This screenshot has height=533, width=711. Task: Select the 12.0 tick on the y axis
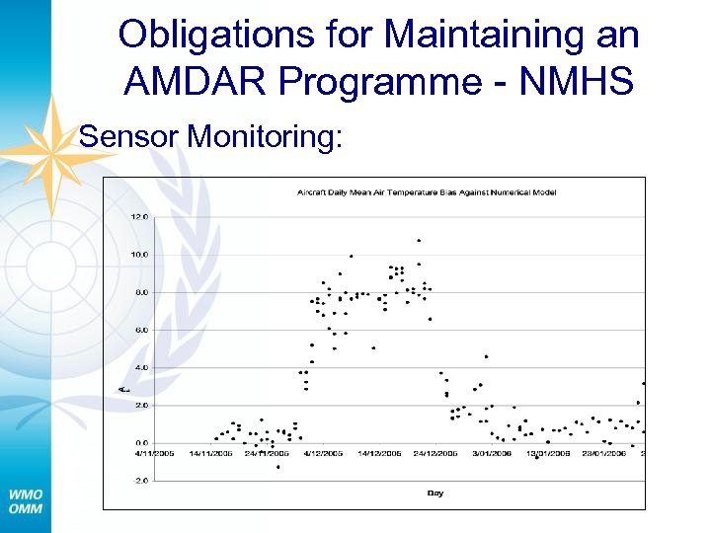(x=140, y=216)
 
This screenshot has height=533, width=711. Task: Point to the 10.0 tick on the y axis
(x=140, y=254)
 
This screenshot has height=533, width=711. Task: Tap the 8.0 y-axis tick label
(x=142, y=292)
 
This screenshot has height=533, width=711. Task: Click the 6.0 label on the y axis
(x=142, y=330)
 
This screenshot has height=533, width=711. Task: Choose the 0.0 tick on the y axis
(x=142, y=443)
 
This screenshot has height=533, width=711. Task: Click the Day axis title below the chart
(x=435, y=491)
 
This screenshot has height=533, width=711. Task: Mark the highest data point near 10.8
(x=419, y=240)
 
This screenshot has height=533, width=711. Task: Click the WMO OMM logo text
(x=26, y=499)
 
